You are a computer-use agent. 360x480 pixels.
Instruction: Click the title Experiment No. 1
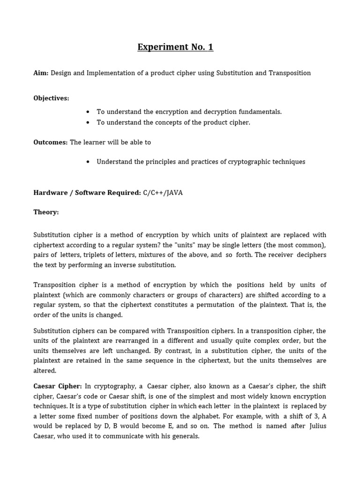pos(175,47)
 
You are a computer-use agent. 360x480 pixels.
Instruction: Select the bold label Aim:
pos(41,73)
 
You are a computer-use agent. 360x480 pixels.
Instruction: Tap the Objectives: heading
pos(51,98)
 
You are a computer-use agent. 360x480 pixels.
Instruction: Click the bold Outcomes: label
pos(51,142)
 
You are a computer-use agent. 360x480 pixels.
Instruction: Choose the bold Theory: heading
pos(46,212)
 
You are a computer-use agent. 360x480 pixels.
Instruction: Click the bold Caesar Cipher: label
pos(58,386)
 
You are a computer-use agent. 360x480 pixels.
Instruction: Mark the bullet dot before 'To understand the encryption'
pos(88,112)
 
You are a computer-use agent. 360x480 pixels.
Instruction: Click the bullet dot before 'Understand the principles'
pos(88,162)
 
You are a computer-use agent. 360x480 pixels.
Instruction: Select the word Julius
pos(316,426)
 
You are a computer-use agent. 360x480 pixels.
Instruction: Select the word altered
pos(45,371)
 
